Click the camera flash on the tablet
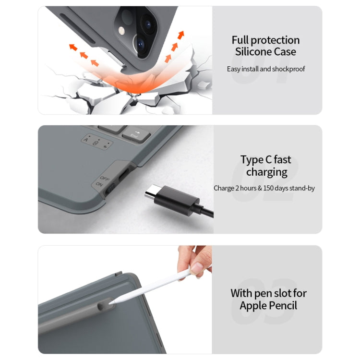click(122, 31)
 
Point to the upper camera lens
click(147, 24)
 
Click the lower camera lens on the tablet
click(140, 44)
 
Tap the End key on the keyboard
click(136, 135)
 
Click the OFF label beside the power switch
click(105, 178)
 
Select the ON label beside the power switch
click(99, 184)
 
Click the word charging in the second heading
click(267, 172)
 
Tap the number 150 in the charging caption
click(268, 188)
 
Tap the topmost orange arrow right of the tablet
click(181, 35)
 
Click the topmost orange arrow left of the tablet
click(73, 47)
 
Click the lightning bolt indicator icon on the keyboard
click(106, 146)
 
